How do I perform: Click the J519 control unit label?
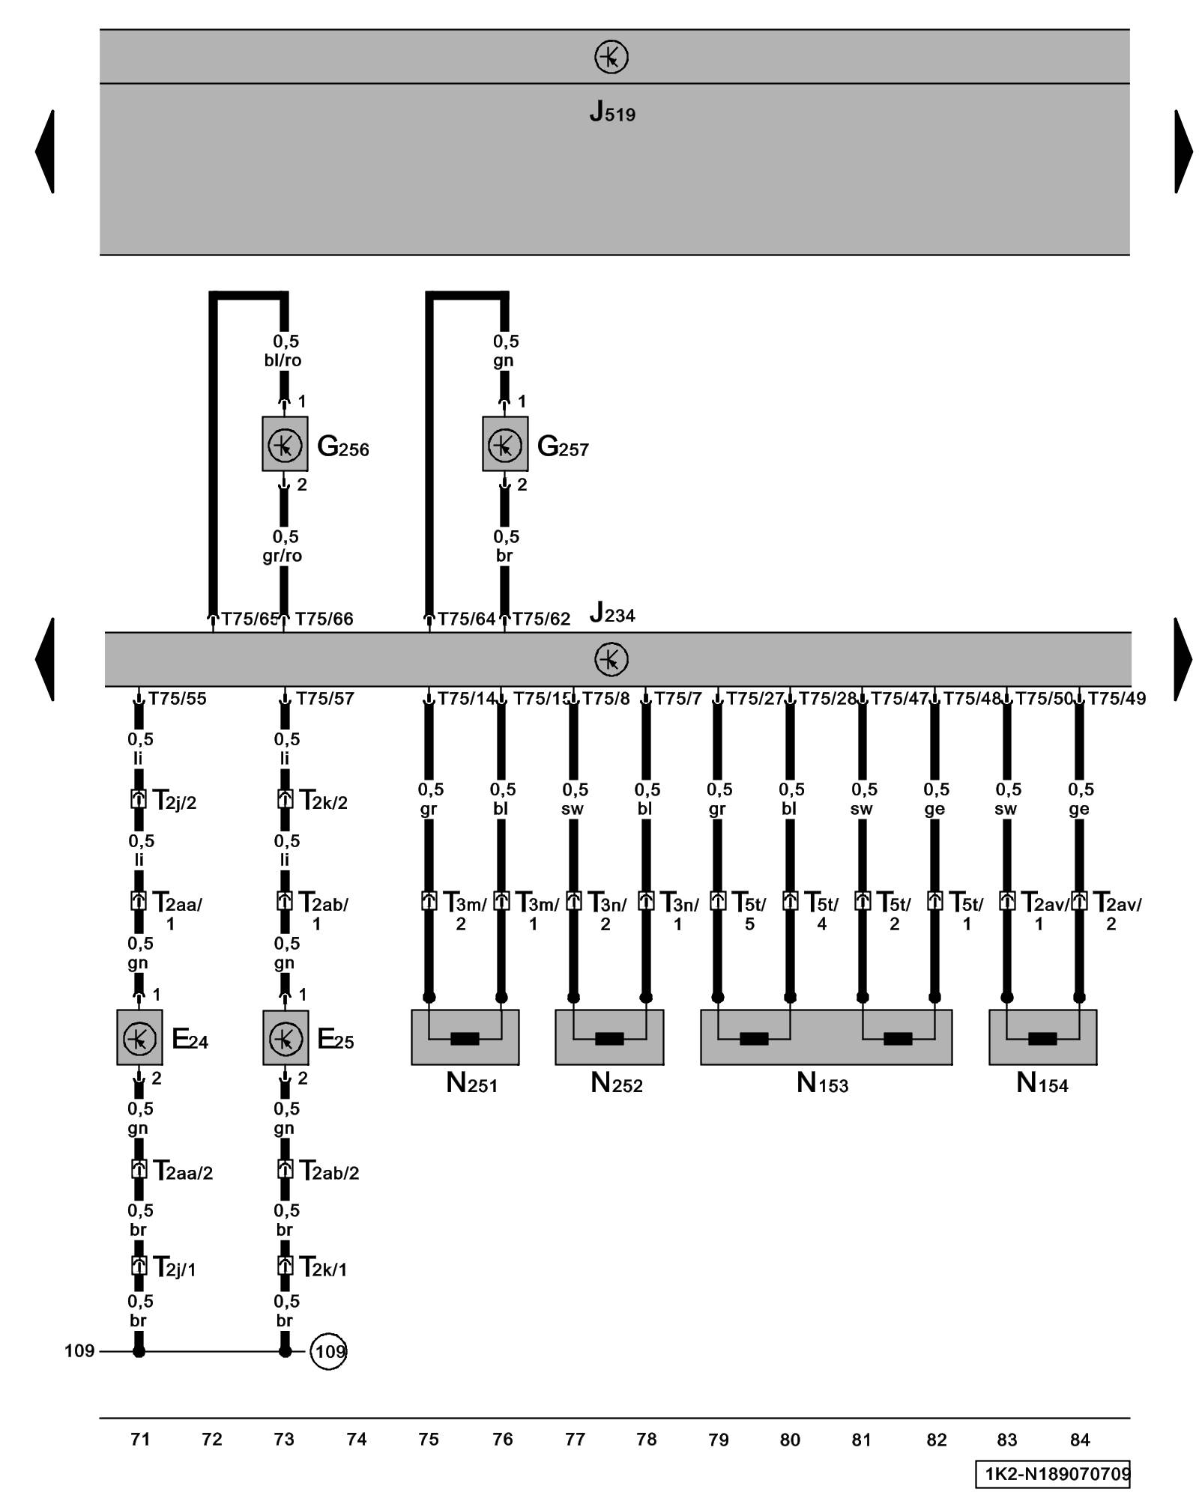click(x=611, y=112)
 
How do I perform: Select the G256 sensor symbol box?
click(x=285, y=444)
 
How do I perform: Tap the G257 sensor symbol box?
click(x=505, y=444)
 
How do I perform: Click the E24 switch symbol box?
click(x=139, y=1037)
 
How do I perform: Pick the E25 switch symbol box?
click(x=286, y=1037)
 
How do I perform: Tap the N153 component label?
click(x=822, y=1083)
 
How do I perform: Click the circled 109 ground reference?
click(x=328, y=1351)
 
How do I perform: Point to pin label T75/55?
click(x=177, y=699)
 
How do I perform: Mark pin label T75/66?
click(x=324, y=619)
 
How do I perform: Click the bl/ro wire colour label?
click(x=283, y=360)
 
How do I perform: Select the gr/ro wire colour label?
click(x=283, y=556)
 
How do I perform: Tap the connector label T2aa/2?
click(x=183, y=1171)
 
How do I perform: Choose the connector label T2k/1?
click(x=323, y=1267)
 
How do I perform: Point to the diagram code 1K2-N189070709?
click(x=1052, y=1474)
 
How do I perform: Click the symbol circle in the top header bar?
click(x=611, y=57)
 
